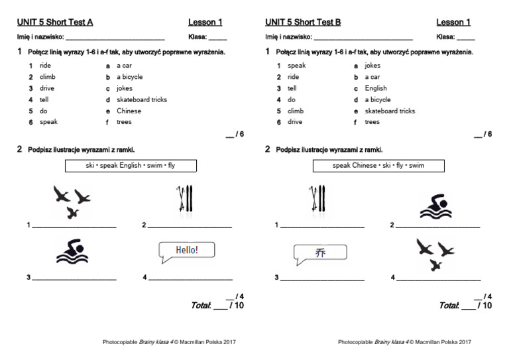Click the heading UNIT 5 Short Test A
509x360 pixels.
click(x=55, y=22)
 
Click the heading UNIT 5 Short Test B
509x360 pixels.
click(x=303, y=22)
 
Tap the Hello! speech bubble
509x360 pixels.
click(x=187, y=250)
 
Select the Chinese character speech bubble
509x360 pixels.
click(x=321, y=252)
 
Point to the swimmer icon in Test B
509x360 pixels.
click(x=435, y=206)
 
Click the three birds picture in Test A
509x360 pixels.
click(x=72, y=201)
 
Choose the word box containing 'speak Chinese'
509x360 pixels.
click(x=378, y=165)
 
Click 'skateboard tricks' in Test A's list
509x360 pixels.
click(x=141, y=99)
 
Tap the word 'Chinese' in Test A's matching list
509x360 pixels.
click(x=129, y=111)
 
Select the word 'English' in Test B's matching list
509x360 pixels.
click(x=375, y=88)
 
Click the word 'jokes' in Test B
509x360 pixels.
click(x=372, y=66)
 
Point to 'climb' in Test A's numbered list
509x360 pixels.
click(x=47, y=77)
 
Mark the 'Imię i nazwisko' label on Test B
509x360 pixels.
click(x=288, y=38)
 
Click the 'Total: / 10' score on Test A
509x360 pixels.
click(x=217, y=306)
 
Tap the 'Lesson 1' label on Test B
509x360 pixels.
click(x=453, y=22)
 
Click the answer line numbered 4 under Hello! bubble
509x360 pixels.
click(x=190, y=278)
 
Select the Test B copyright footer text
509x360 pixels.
click(x=404, y=342)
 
